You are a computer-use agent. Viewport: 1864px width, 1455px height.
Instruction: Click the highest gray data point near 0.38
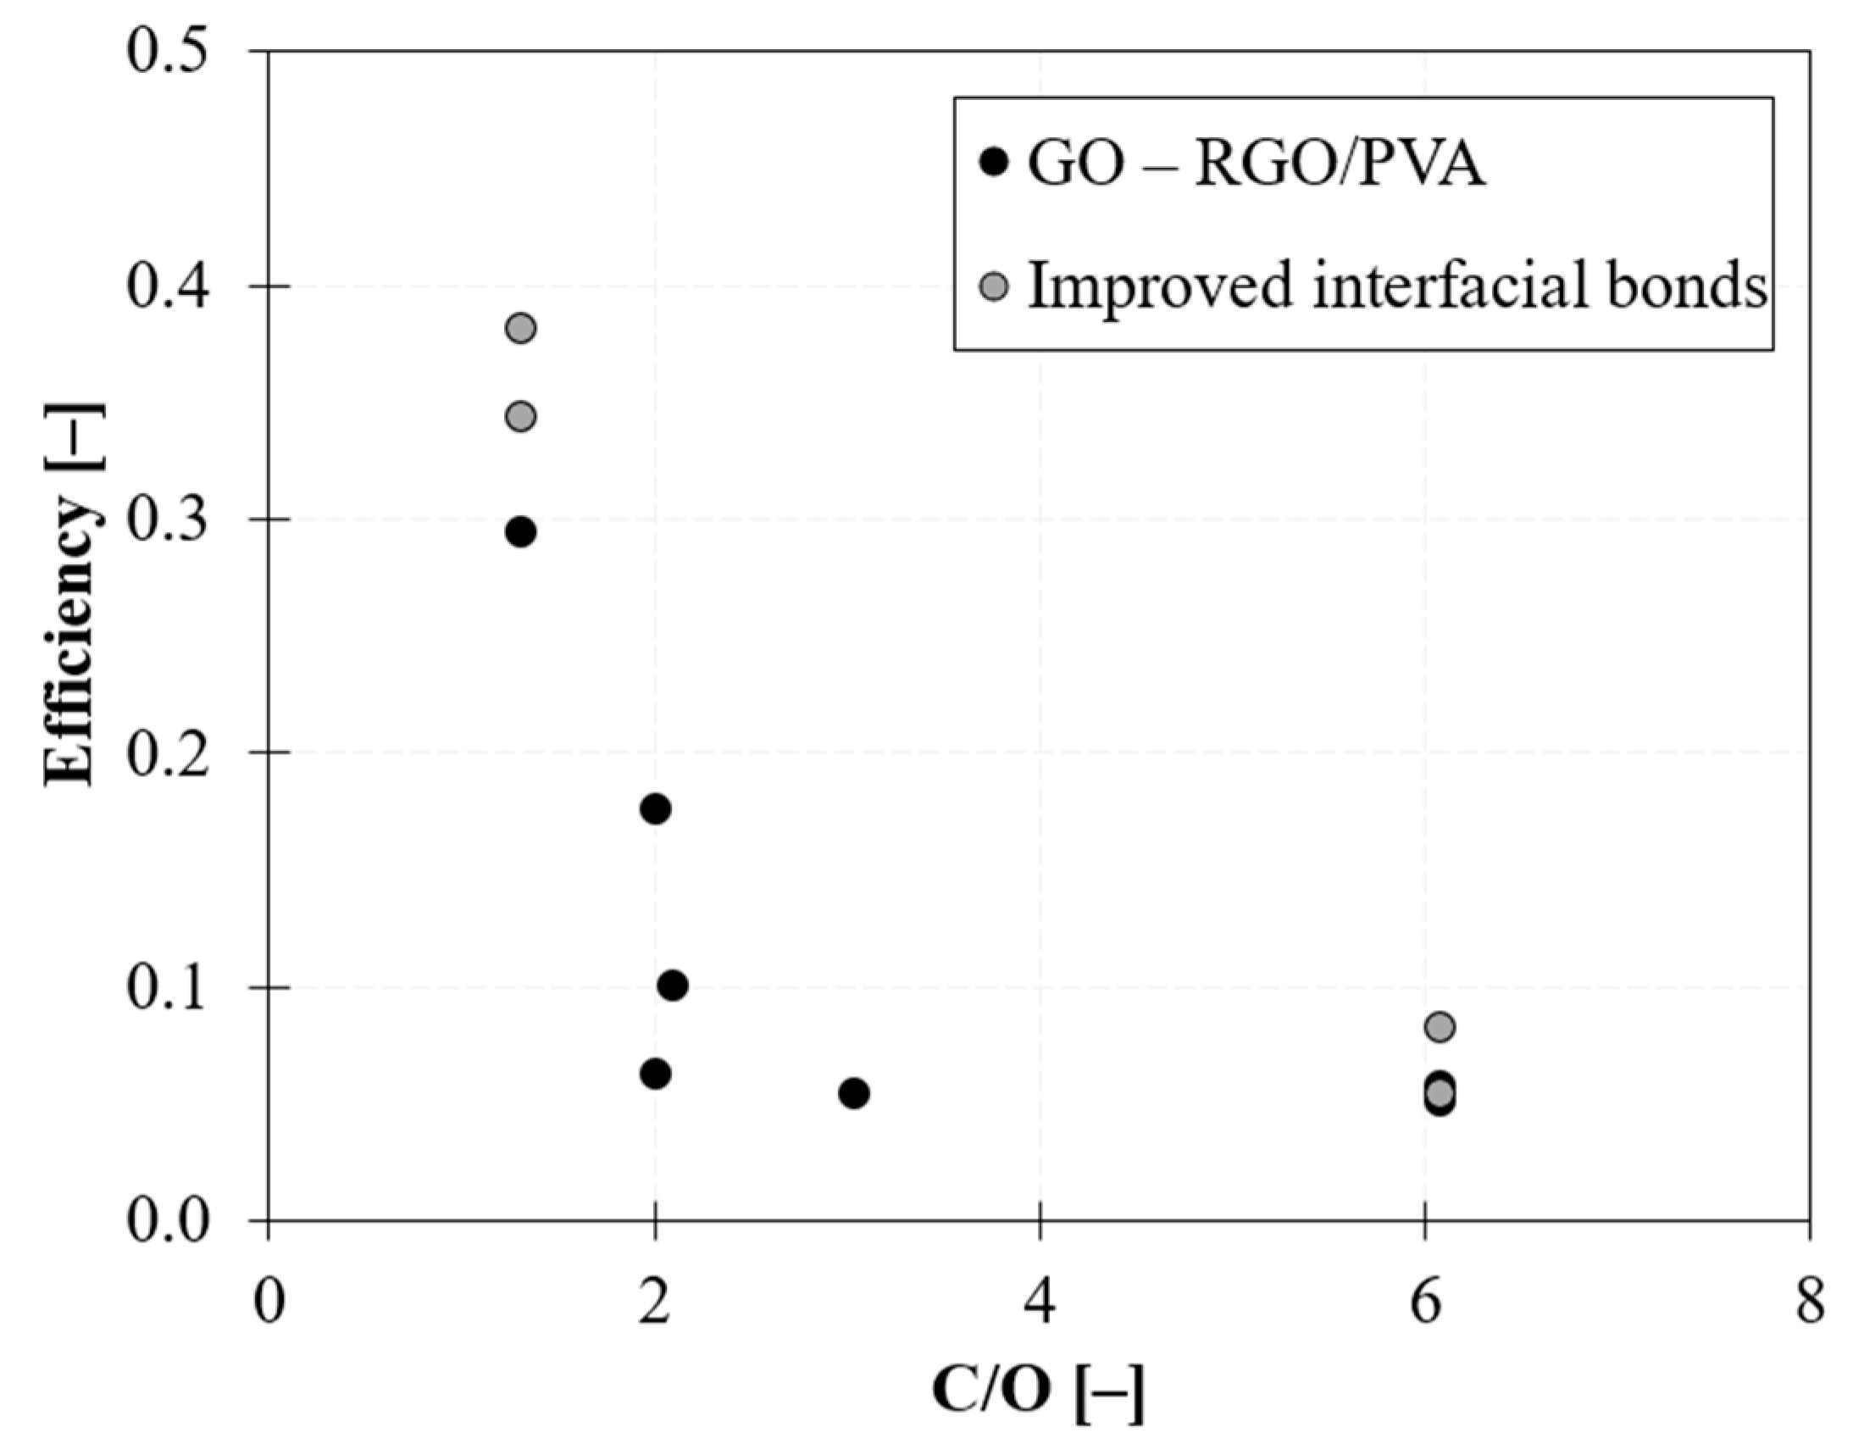(520, 328)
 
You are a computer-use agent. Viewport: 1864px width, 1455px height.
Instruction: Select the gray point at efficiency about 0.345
(520, 417)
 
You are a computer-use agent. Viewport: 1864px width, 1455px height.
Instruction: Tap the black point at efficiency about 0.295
(520, 532)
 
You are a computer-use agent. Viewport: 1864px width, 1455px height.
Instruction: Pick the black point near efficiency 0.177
(655, 809)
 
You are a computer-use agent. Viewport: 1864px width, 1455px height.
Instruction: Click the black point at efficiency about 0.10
(673, 986)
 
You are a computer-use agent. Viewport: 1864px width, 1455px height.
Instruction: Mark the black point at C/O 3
(853, 1093)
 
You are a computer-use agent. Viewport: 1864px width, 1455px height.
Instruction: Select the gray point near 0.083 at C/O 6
(1439, 1026)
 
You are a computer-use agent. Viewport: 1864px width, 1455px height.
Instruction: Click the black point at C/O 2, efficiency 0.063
(655, 1074)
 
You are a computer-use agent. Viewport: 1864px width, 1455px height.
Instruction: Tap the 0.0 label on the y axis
(168, 1220)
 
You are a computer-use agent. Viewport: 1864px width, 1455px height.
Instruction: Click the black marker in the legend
(995, 162)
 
